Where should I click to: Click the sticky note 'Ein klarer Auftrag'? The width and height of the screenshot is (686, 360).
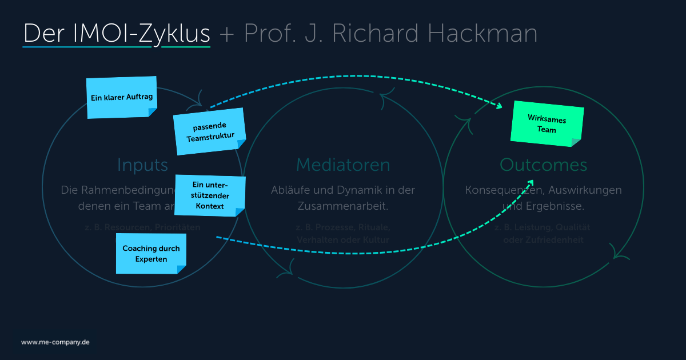point(121,98)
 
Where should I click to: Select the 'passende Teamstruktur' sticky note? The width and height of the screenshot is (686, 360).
point(210,132)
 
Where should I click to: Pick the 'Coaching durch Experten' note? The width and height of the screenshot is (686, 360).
point(151,254)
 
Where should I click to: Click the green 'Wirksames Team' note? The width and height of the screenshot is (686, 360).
point(546,122)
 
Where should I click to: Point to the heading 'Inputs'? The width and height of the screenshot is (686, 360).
point(142,165)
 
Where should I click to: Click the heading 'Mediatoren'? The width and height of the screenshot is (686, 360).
point(343,165)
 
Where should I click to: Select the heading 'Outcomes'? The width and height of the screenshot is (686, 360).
point(543,165)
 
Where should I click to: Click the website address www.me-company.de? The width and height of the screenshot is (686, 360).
point(55,342)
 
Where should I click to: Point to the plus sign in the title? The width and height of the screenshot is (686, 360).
point(227,35)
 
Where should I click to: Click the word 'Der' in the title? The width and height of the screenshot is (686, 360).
point(46,34)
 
